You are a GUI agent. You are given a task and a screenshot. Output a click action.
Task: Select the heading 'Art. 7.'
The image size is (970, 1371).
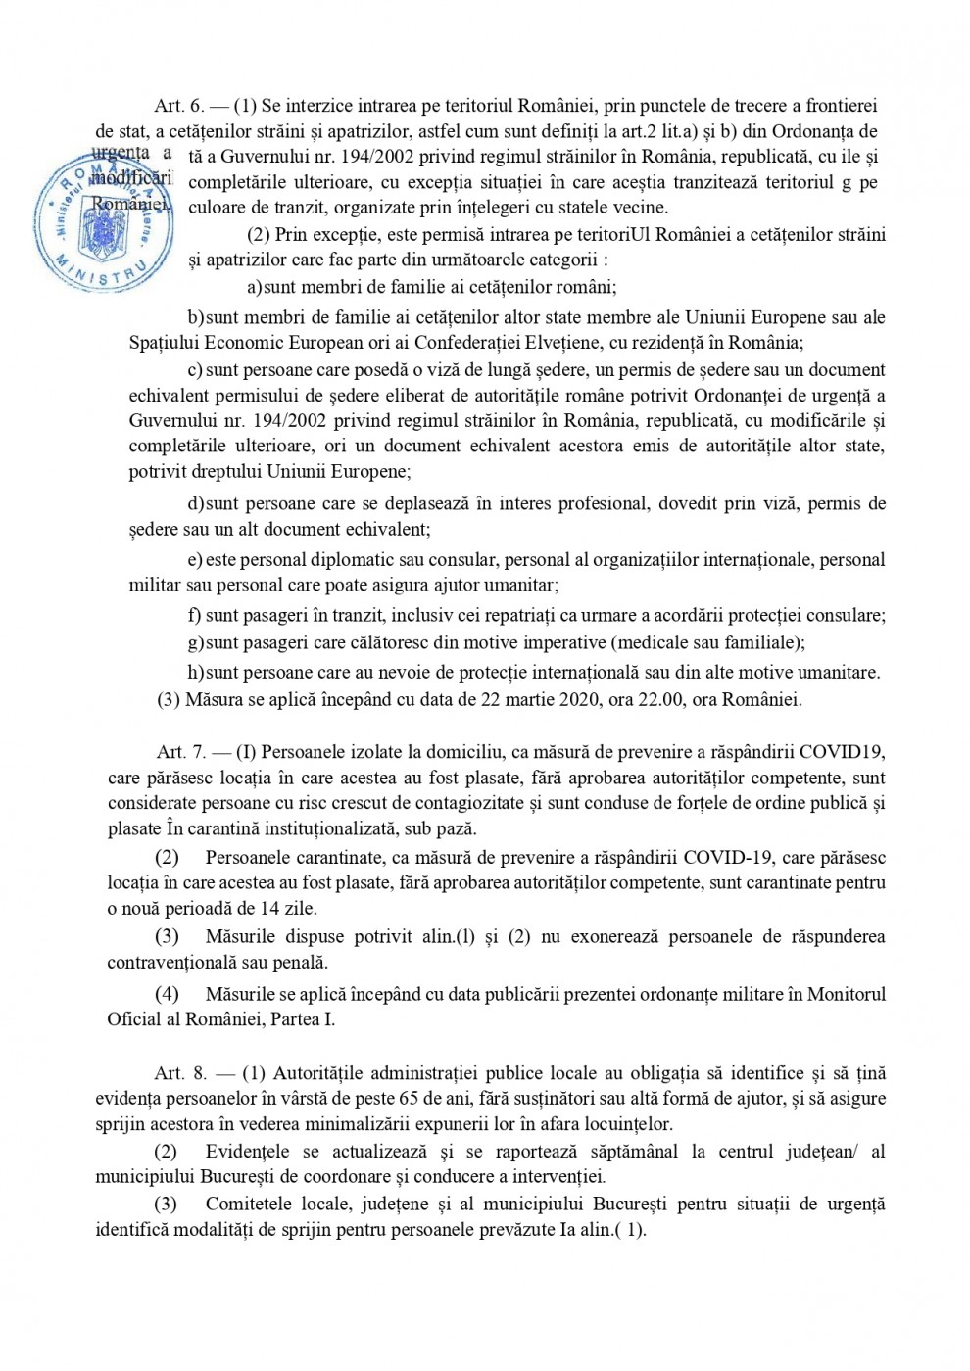click(x=179, y=752)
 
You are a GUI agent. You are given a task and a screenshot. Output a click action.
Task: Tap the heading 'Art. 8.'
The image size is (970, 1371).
click(x=179, y=1073)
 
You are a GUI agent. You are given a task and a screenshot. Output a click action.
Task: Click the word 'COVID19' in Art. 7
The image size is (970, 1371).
click(x=843, y=752)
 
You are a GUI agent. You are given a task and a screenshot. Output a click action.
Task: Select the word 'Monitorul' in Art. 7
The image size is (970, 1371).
click(x=847, y=994)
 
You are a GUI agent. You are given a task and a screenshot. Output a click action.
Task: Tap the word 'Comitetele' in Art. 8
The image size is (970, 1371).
click(x=253, y=1205)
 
